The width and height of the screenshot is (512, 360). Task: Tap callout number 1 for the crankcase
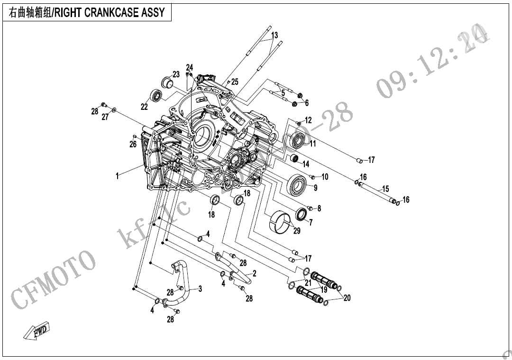coord(117,176)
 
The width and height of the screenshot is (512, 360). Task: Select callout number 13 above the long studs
coord(274,35)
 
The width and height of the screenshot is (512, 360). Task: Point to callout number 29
coord(297,231)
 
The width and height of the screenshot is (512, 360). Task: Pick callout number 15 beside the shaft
coord(385,189)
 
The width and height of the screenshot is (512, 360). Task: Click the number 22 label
coord(145,108)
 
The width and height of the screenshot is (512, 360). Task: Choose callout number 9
coord(315,188)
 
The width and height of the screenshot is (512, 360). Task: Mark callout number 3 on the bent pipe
coord(200,288)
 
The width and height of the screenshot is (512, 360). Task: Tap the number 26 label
coord(133,144)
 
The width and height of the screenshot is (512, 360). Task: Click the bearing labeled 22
coord(156,95)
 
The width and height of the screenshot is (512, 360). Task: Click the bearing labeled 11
coord(299,141)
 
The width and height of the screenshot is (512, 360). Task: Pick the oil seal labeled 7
coord(301,214)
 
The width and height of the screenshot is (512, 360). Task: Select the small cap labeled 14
coord(294,158)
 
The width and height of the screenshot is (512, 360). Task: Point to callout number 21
coord(308,283)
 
